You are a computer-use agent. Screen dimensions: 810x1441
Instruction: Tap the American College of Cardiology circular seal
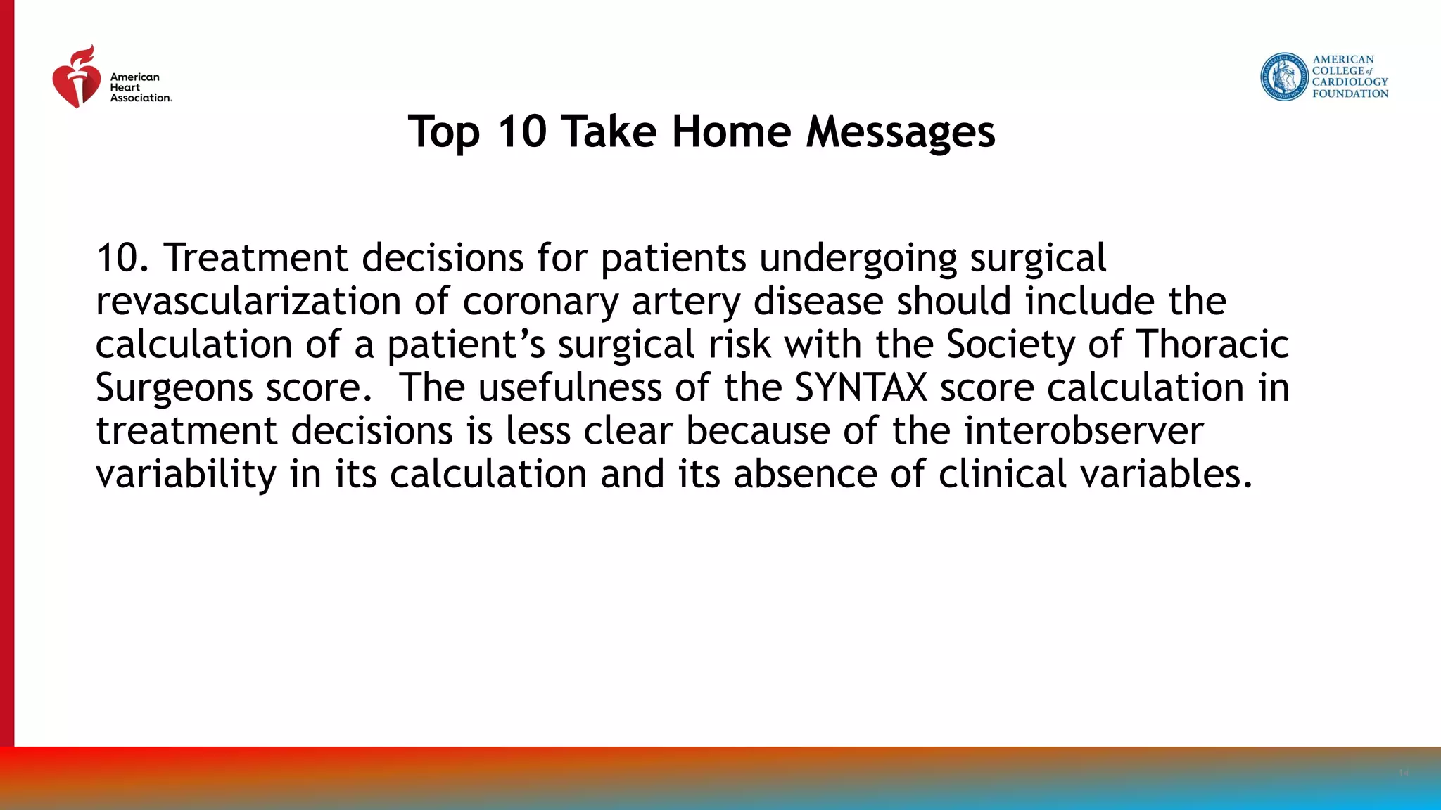tap(1284, 77)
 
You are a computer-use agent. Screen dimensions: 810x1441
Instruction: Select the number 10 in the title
tap(521, 131)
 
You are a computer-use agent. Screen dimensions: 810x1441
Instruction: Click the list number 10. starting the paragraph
tap(123, 258)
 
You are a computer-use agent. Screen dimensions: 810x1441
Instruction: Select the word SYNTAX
tap(861, 388)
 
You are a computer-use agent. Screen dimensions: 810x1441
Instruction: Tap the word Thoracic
tap(1212, 345)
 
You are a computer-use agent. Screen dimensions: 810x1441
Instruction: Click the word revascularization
tap(248, 302)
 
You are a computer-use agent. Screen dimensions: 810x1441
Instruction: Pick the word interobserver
tap(1084, 431)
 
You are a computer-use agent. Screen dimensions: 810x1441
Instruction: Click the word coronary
tap(540, 302)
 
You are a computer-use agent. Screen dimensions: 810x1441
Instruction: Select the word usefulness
tap(570, 388)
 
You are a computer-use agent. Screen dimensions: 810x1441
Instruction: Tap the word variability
tap(186, 475)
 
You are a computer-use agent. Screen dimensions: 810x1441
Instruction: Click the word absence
tap(804, 475)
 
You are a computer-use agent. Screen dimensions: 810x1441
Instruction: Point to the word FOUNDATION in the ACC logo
tap(1350, 94)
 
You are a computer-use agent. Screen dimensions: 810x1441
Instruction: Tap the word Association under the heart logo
tap(140, 98)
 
